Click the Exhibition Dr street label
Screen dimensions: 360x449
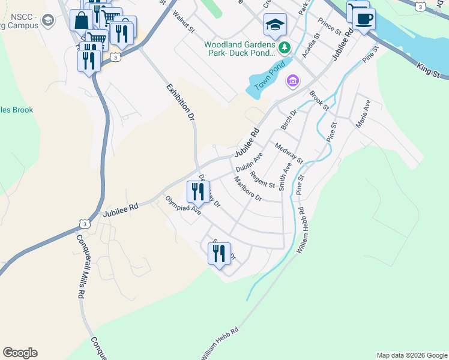tap(181, 103)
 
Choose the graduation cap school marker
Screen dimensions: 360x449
tap(275, 25)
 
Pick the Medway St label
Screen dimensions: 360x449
tap(289, 153)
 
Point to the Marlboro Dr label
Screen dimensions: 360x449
tap(248, 189)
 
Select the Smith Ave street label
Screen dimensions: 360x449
tap(285, 177)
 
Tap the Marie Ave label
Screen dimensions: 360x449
tap(363, 113)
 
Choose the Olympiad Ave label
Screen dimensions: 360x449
tap(183, 205)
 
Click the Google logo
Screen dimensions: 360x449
tap(20, 353)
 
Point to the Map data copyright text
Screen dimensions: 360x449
tap(411, 355)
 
